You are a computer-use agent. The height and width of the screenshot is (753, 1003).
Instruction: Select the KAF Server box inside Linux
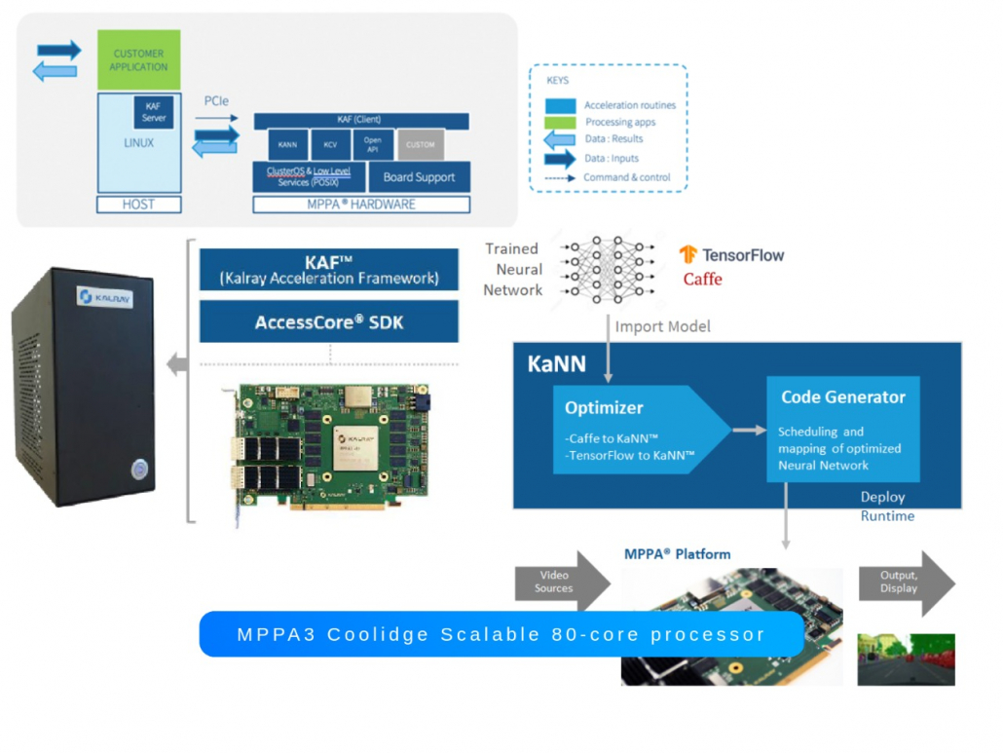154,113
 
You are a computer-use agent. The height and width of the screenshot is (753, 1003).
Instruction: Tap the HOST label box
138,205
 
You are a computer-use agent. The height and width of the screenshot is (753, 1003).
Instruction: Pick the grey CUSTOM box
421,145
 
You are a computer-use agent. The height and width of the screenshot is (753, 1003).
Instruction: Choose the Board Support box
419,177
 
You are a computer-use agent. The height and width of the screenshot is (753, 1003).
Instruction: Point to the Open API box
373,145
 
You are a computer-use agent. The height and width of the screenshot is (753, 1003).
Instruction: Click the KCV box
330,145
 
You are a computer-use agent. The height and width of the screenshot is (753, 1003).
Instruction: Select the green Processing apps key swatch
560,122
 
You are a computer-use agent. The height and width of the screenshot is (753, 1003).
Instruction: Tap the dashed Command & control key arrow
559,177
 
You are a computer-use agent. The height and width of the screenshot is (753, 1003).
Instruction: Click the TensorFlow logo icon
688,255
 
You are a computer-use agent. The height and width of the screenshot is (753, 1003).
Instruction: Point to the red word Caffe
702,280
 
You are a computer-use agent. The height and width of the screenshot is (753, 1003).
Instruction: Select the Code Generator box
842,429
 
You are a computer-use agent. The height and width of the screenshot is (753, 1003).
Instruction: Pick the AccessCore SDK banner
328,321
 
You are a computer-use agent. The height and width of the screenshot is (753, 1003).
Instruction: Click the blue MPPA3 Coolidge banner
501,634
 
